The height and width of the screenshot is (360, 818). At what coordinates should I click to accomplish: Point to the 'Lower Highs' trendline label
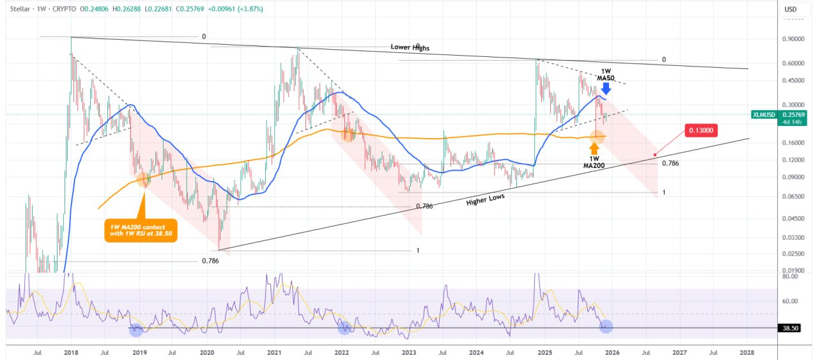pyautogui.click(x=410, y=48)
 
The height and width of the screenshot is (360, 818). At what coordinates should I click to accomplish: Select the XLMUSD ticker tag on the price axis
pyautogui.click(x=764, y=114)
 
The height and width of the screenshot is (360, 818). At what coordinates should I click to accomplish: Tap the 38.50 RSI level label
pyautogui.click(x=791, y=328)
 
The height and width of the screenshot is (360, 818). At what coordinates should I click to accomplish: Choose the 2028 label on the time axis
pyautogui.click(x=746, y=352)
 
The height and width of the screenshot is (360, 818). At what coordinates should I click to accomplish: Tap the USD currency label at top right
pyautogui.click(x=791, y=10)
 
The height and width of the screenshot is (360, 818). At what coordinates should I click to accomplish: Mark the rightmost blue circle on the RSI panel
pyautogui.click(x=606, y=327)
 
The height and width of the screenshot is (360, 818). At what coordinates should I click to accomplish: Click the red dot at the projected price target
pyautogui.click(x=655, y=155)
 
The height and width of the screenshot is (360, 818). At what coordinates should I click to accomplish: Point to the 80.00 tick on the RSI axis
pyautogui.click(x=791, y=277)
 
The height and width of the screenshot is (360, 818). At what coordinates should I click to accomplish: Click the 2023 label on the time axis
pyautogui.click(x=409, y=352)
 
